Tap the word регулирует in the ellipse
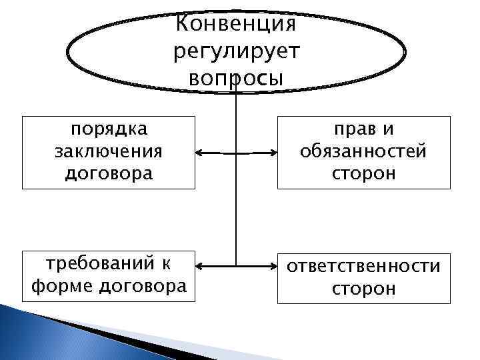click(236, 51)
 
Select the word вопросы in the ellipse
click(236, 77)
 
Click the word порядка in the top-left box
click(109, 129)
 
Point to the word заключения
click(109, 151)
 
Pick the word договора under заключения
click(109, 174)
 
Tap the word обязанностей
click(363, 151)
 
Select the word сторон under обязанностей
click(363, 174)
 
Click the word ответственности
click(363, 266)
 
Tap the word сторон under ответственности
click(363, 289)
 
